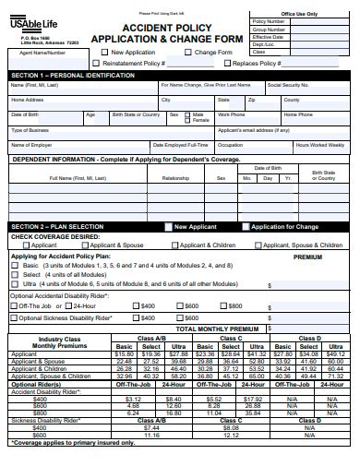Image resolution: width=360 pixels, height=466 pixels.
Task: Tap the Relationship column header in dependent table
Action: [x=175, y=178]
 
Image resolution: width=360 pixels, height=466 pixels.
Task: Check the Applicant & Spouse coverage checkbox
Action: [x=92, y=246]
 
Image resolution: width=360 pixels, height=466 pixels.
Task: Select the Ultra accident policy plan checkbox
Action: [x=14, y=284]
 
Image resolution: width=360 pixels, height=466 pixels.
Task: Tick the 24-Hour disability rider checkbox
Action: [x=67, y=305]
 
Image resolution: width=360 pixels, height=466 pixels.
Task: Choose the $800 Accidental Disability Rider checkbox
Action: [x=222, y=305]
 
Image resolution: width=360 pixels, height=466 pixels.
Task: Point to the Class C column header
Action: [x=231, y=338]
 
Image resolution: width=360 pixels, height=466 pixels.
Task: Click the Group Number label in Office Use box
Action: [x=294, y=29]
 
